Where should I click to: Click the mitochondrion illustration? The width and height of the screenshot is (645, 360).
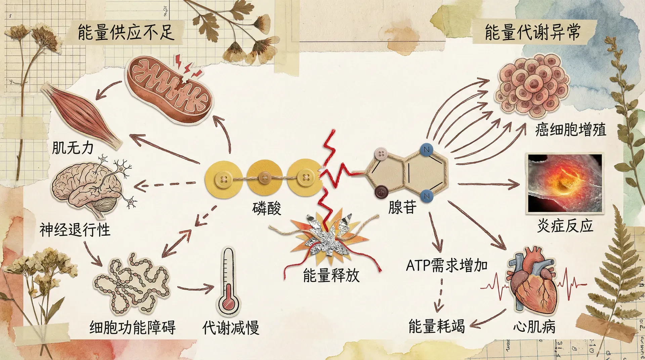[x=170, y=89]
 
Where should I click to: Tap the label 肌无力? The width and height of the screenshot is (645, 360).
[x=73, y=148]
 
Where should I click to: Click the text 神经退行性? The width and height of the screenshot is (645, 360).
[x=75, y=230]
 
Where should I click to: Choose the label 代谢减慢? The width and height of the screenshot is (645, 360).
[x=231, y=327]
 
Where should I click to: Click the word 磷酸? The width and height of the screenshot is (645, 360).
[x=267, y=209]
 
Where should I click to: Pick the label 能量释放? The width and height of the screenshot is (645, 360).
[x=331, y=275]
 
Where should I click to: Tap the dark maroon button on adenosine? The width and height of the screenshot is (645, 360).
[x=381, y=192]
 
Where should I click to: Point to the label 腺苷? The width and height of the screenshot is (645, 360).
[x=402, y=207]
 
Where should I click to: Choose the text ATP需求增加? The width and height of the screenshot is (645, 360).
[x=447, y=266]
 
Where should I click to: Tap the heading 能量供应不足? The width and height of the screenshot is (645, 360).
[x=126, y=33]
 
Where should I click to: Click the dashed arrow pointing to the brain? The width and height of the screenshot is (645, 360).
[x=165, y=184]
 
